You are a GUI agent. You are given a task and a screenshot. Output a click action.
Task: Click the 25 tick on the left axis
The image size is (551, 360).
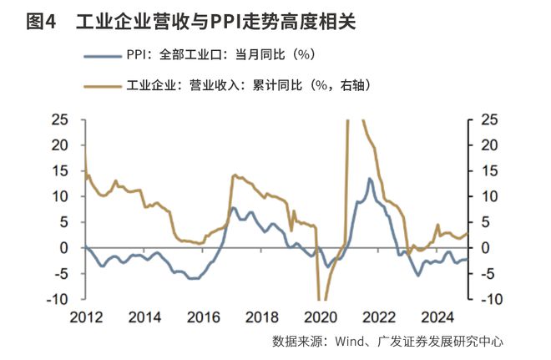tap(60, 119)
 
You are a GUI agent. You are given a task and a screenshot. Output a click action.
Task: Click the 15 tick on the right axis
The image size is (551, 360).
tap(490, 171)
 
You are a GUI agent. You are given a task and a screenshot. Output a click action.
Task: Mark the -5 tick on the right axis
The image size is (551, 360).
tap(490, 274)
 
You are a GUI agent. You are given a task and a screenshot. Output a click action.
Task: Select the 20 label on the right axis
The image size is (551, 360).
tap(490, 145)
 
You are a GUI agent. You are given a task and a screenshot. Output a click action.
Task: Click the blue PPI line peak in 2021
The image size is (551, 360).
tap(369, 179)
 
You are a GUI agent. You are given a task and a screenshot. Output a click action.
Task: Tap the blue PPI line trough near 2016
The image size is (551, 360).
tap(193, 278)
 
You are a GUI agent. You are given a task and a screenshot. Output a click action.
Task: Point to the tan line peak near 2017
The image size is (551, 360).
tap(234, 175)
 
